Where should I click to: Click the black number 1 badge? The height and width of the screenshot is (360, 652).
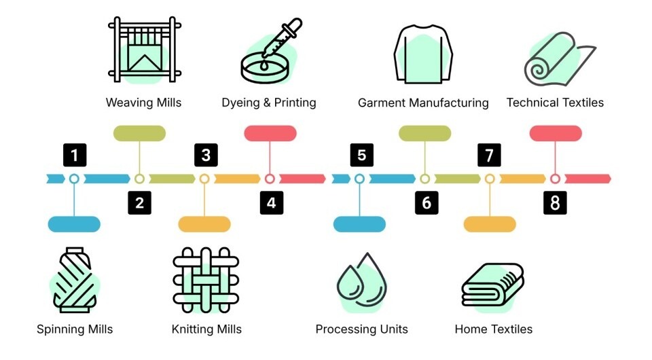75,155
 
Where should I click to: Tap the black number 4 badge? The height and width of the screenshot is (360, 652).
272,203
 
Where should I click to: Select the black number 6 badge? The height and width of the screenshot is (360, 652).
427,203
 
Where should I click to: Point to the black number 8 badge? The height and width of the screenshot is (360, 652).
555,203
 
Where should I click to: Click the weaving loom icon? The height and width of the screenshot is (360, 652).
144,50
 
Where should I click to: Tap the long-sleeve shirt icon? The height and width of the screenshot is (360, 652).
423,54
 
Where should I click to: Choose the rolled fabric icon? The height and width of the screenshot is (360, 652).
560,58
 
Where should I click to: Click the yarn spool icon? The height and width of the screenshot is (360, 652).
75,280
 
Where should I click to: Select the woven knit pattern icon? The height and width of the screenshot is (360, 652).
206,280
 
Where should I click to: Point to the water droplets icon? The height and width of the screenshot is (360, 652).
361,283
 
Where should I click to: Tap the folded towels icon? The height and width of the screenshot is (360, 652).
493,287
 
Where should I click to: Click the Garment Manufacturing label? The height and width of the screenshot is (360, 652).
423,103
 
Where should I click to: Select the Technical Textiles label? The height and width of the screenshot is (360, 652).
555,103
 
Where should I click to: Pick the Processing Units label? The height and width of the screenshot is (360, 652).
362,329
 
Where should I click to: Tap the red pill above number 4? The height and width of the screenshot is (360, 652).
270,133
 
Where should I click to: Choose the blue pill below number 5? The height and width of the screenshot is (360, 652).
360,224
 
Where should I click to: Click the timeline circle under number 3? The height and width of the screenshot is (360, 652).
204,179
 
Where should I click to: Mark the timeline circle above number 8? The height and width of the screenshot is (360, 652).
555,179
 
